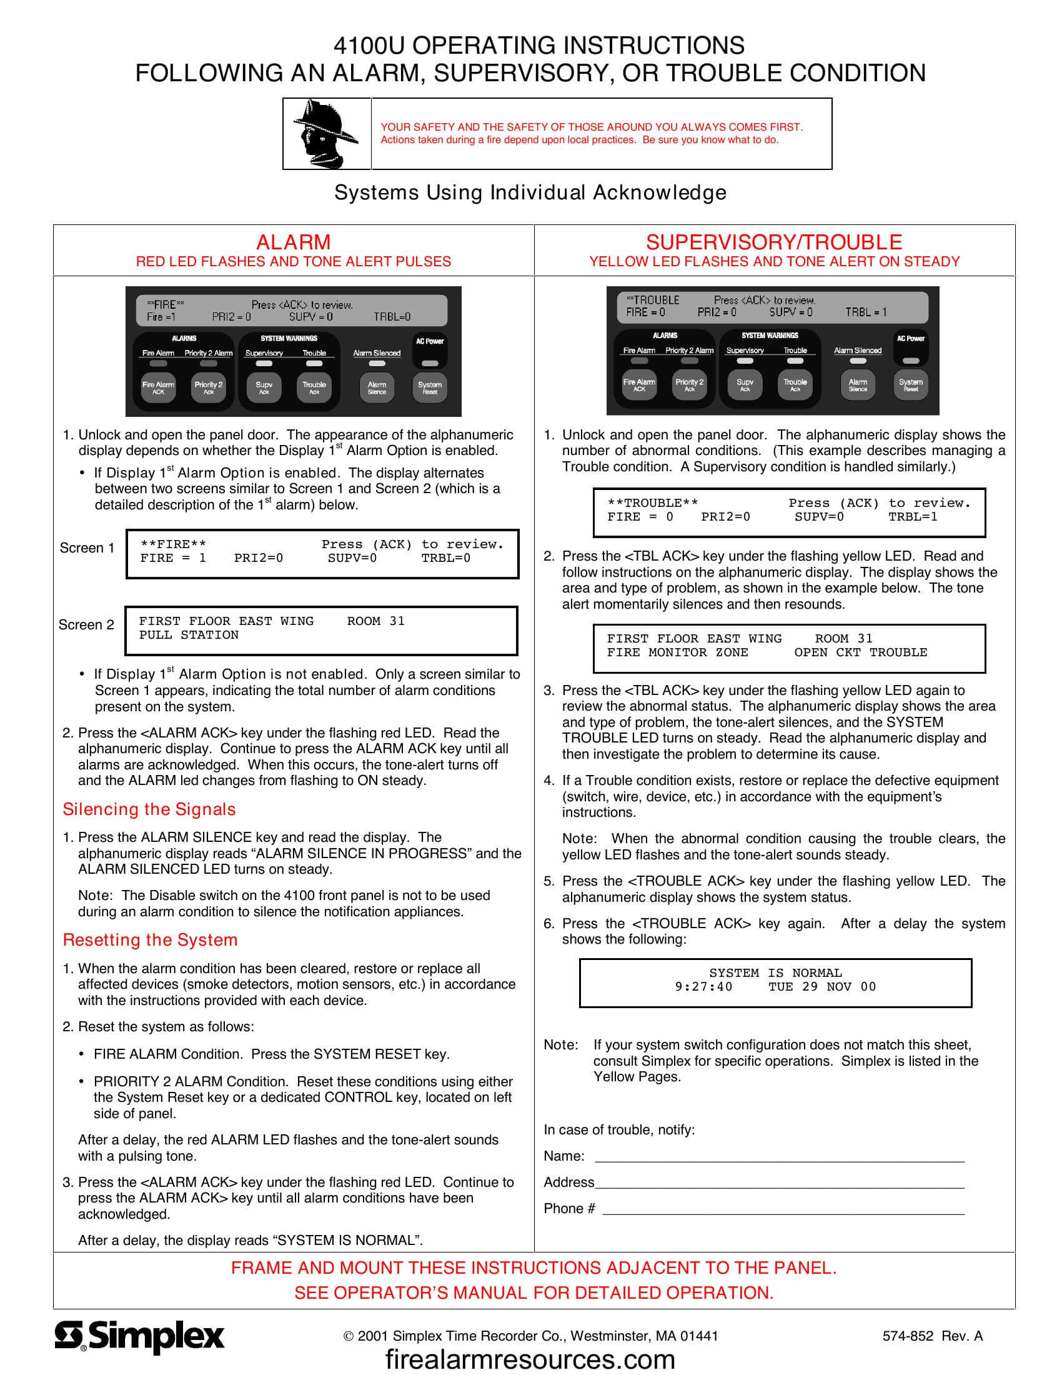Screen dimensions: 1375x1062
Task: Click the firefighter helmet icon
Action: [x=326, y=134]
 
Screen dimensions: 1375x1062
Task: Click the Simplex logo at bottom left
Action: [x=139, y=1336]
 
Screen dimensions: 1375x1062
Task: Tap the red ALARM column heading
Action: [x=293, y=242]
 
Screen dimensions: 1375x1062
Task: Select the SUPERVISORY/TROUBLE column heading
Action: [x=774, y=242]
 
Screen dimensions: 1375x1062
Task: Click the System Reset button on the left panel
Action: [x=430, y=388]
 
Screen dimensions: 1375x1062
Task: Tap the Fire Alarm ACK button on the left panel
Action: [x=158, y=388]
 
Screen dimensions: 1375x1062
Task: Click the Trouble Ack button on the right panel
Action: [x=795, y=385]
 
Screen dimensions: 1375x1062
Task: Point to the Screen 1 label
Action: [x=87, y=547]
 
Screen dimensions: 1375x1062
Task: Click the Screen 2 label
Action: [x=86, y=624]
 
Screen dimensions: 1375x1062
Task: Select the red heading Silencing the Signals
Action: [x=149, y=809]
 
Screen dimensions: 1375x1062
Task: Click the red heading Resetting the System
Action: [x=150, y=940]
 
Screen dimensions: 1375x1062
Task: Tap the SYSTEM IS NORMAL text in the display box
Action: [x=775, y=972]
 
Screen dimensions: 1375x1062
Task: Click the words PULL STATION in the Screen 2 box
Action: [x=189, y=634]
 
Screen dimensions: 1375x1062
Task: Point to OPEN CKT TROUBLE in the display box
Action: [x=860, y=652]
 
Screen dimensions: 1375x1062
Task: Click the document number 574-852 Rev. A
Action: [x=932, y=1336]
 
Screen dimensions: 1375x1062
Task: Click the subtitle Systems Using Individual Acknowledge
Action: [x=530, y=192]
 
